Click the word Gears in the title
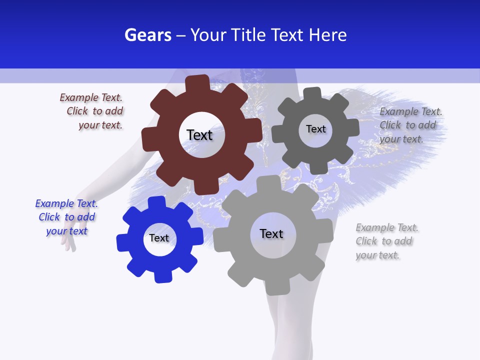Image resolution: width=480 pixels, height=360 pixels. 148,35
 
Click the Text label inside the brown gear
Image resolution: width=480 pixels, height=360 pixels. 199,135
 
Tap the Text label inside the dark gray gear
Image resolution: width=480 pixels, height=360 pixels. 315,129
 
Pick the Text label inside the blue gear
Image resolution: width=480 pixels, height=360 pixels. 159,238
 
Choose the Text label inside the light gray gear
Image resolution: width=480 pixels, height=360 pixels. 271,233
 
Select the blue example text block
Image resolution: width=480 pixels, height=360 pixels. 66,217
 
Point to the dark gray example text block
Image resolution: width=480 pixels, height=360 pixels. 410,125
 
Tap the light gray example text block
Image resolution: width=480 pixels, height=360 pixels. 386,241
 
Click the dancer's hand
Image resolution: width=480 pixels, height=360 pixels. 68,242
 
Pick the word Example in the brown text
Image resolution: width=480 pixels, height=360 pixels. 78,97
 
